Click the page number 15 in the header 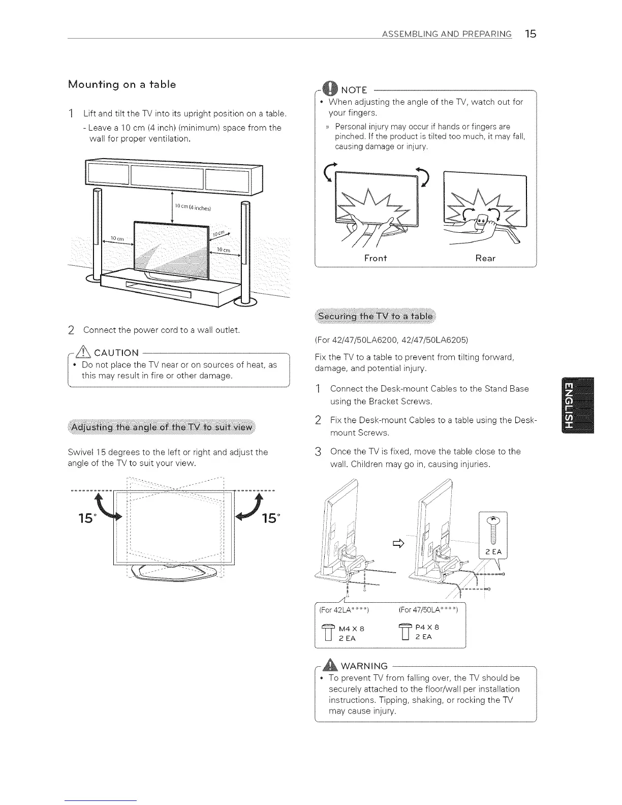[x=531, y=34]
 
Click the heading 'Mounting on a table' [x=122, y=84]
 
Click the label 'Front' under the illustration [x=376, y=258]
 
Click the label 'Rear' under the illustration [x=485, y=258]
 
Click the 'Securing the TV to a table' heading [x=375, y=317]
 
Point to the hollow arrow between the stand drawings [x=398, y=545]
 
